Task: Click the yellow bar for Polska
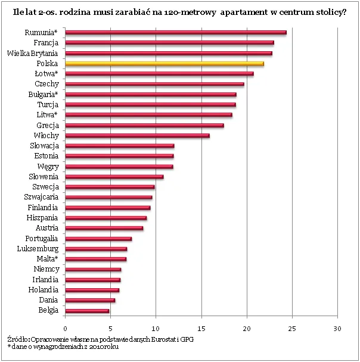(164, 64)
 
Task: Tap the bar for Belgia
(87, 311)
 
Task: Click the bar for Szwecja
(110, 187)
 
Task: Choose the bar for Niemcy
(93, 270)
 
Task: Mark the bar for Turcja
(150, 105)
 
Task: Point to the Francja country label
(46, 43)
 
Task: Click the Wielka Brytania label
(32, 54)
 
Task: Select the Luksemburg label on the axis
(38, 248)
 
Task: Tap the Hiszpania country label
(42, 218)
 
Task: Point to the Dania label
(48, 300)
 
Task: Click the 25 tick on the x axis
(292, 328)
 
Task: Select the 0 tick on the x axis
(65, 328)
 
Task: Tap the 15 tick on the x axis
(201, 328)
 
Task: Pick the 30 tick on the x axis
(337, 328)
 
